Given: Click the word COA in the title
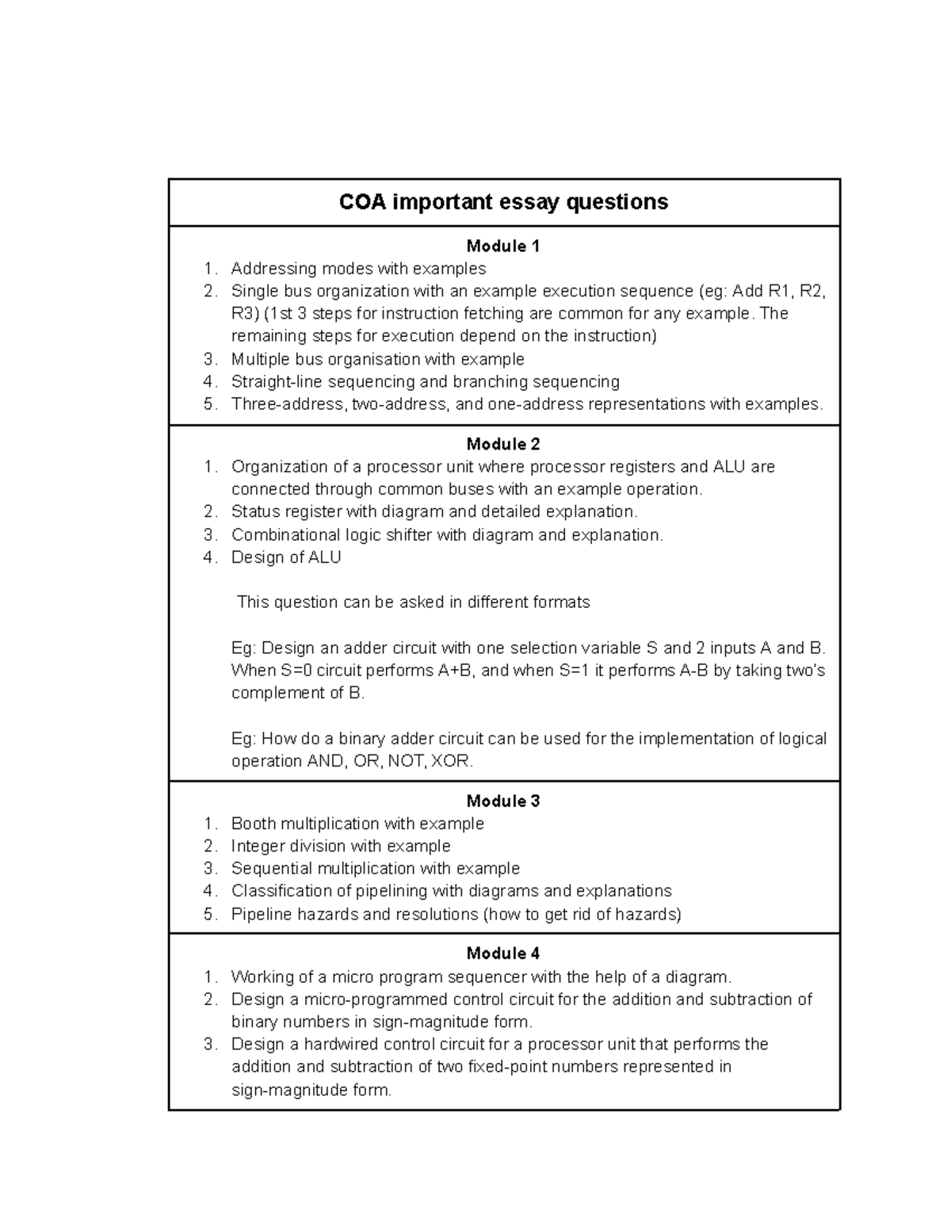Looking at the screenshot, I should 362,202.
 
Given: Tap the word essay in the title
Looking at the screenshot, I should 530,202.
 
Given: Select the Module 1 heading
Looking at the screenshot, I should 503,247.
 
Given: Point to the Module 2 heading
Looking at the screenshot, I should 503,444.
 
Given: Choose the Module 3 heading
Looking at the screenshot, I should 503,801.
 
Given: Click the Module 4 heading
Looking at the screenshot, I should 503,954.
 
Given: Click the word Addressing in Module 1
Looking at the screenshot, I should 269,269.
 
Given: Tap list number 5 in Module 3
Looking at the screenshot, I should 209,915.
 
